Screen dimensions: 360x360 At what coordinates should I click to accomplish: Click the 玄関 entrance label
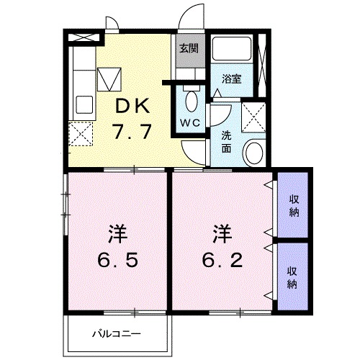point(189,49)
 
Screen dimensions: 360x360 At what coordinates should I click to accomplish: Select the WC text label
point(191,122)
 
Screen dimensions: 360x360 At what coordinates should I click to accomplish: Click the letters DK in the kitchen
point(132,106)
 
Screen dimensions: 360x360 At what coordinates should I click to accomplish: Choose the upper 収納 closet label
point(294,204)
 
